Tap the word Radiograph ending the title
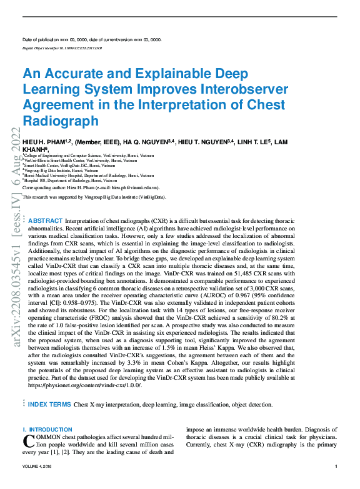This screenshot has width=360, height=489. pyautogui.click(x=61, y=120)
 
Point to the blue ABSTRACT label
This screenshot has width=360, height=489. pyautogui.click(x=46, y=221)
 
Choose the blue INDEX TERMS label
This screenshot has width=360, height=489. pyautogui.click(x=49, y=405)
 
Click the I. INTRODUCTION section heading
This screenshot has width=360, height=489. pyautogui.click(x=47, y=430)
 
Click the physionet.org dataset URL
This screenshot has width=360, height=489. pyautogui.click(x=85, y=385)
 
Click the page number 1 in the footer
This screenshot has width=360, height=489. pyautogui.click(x=336, y=467)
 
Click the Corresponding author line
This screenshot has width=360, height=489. pyautogui.click(x=91, y=187)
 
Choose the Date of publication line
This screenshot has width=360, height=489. pyautogui.click(x=92, y=40)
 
